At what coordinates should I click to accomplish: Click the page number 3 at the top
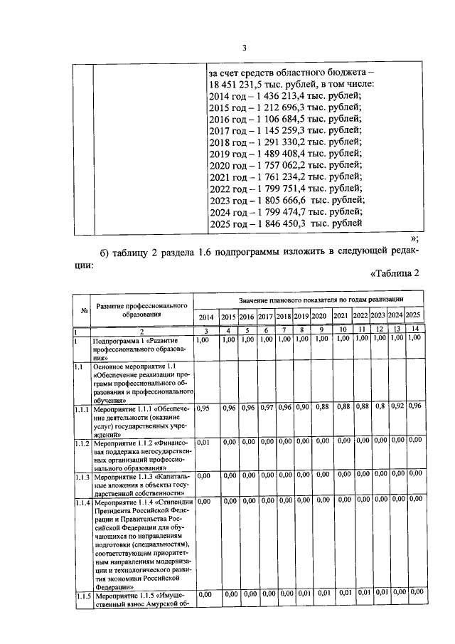(x=244, y=48)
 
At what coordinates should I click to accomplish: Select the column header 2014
(x=205, y=317)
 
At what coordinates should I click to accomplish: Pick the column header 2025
(x=414, y=317)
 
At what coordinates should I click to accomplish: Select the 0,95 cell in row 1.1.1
(x=203, y=408)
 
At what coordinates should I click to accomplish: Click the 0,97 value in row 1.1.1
(x=265, y=408)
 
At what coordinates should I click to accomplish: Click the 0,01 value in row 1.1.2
(x=203, y=442)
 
